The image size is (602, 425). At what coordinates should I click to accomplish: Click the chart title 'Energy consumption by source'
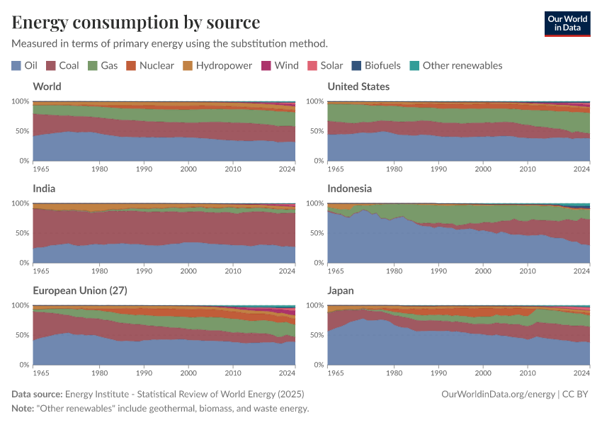(x=136, y=22)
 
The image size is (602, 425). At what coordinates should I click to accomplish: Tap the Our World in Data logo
(x=567, y=23)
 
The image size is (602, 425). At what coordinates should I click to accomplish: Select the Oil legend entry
(x=25, y=65)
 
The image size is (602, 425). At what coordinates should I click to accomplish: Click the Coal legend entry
(x=62, y=65)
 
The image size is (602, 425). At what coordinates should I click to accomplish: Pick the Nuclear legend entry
(x=149, y=65)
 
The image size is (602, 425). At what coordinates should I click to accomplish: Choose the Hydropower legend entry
(x=217, y=65)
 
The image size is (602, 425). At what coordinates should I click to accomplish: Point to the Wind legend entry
(x=280, y=65)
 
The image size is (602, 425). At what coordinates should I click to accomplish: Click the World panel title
(x=47, y=86)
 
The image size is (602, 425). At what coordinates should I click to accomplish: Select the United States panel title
(x=358, y=86)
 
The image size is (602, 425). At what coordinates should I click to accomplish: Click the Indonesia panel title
(x=349, y=188)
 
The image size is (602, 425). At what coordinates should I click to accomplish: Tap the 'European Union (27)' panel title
(x=79, y=290)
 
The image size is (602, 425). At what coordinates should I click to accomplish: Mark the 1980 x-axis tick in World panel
(x=99, y=169)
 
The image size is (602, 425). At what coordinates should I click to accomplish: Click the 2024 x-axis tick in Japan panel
(x=581, y=373)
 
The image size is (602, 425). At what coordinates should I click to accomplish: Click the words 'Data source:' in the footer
(x=37, y=395)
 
